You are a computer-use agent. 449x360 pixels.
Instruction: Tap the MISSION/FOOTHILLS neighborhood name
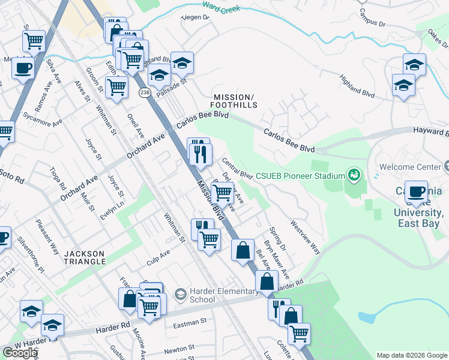235,101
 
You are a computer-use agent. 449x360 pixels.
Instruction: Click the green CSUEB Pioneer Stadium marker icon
354,175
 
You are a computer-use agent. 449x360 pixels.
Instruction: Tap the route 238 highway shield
144,92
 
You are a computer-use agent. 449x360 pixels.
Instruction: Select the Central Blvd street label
237,169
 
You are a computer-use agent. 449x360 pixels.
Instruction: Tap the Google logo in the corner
20,353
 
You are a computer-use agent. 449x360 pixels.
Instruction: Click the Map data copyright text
411,355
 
